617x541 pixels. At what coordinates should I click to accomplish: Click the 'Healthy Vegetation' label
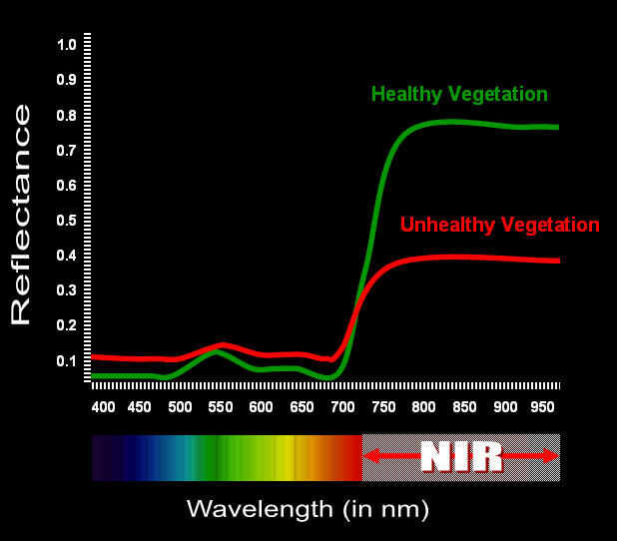click(459, 95)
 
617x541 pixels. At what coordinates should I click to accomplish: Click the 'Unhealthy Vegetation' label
click(499, 225)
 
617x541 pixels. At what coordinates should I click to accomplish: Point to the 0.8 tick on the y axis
click(67, 115)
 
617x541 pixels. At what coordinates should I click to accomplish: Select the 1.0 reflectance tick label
click(67, 45)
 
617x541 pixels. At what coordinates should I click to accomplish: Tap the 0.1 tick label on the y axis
click(67, 360)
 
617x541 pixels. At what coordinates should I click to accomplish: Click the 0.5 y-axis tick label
click(67, 220)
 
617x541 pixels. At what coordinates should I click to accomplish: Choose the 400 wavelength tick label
click(103, 407)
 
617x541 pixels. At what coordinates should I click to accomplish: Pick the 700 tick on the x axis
click(341, 407)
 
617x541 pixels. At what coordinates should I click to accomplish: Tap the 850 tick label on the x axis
click(464, 407)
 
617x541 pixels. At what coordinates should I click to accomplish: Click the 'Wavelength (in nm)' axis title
click(308, 509)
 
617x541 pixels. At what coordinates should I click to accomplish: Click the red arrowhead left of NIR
click(370, 456)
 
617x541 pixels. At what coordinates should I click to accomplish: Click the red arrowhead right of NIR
click(550, 456)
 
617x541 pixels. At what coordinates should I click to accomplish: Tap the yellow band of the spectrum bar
click(285, 457)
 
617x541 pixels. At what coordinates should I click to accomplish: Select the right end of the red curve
click(557, 261)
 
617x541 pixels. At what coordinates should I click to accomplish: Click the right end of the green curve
click(556, 128)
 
